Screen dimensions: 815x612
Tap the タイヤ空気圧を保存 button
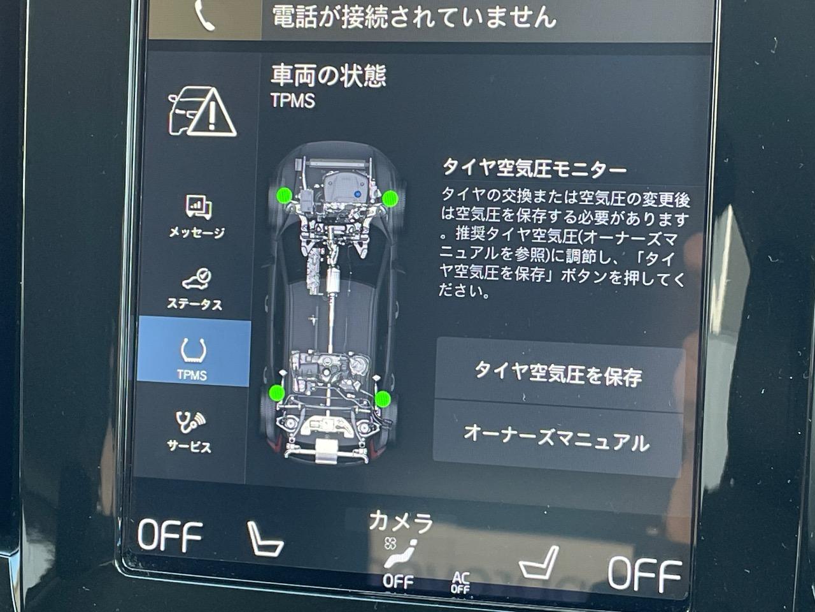tap(559, 375)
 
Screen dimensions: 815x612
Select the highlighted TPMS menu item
tap(194, 352)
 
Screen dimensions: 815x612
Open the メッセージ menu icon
tap(198, 207)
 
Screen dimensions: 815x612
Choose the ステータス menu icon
tap(197, 279)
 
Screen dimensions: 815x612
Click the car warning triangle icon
tap(202, 111)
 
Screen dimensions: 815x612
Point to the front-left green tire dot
tap(285, 195)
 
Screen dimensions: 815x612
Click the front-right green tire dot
tap(390, 198)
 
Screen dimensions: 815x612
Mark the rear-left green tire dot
tap(277, 393)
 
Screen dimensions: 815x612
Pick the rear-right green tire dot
tap(383, 398)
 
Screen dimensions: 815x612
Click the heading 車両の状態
tap(328, 76)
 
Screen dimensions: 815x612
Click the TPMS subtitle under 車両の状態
tap(293, 100)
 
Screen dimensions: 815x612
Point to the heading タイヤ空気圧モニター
tap(535, 168)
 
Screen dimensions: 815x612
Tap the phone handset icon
tap(204, 15)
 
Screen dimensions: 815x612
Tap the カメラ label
tap(400, 521)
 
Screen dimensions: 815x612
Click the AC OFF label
tap(460, 583)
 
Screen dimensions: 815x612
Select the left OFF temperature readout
tap(170, 535)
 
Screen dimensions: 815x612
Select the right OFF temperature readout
tap(645, 574)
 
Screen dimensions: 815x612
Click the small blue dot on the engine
tap(358, 194)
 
